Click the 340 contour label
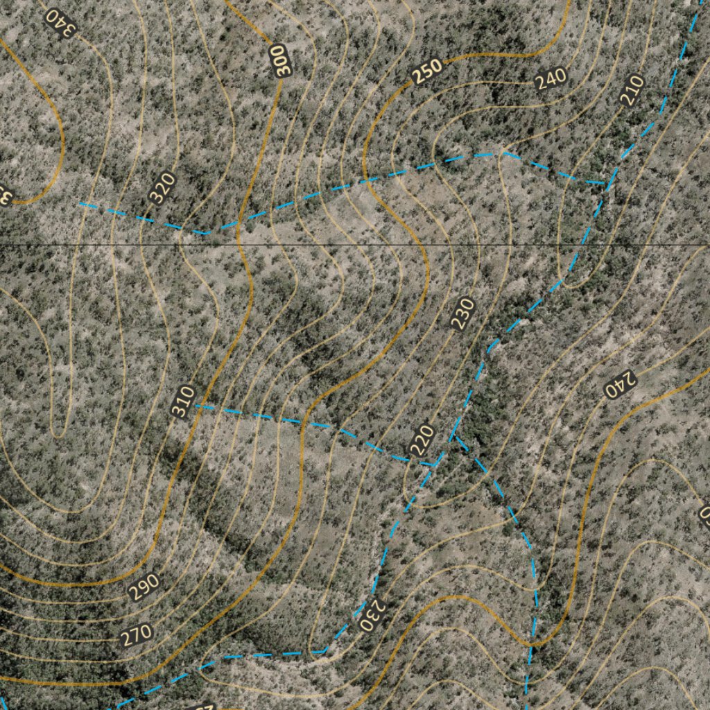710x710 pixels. (60, 23)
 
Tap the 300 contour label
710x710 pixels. (279, 60)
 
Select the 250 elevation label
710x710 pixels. (428, 71)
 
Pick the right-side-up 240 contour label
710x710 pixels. (551, 79)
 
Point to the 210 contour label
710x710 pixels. (632, 90)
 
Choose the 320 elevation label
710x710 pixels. (162, 188)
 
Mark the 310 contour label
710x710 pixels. (183, 401)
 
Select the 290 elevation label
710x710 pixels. (144, 587)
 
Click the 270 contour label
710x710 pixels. (136, 635)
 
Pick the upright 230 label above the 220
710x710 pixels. (462, 313)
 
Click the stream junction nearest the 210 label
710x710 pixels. (607, 183)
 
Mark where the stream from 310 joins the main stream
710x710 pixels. (437, 463)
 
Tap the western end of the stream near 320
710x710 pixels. (80, 204)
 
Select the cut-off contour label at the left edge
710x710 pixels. (4, 196)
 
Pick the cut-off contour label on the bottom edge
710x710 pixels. (201, 706)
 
